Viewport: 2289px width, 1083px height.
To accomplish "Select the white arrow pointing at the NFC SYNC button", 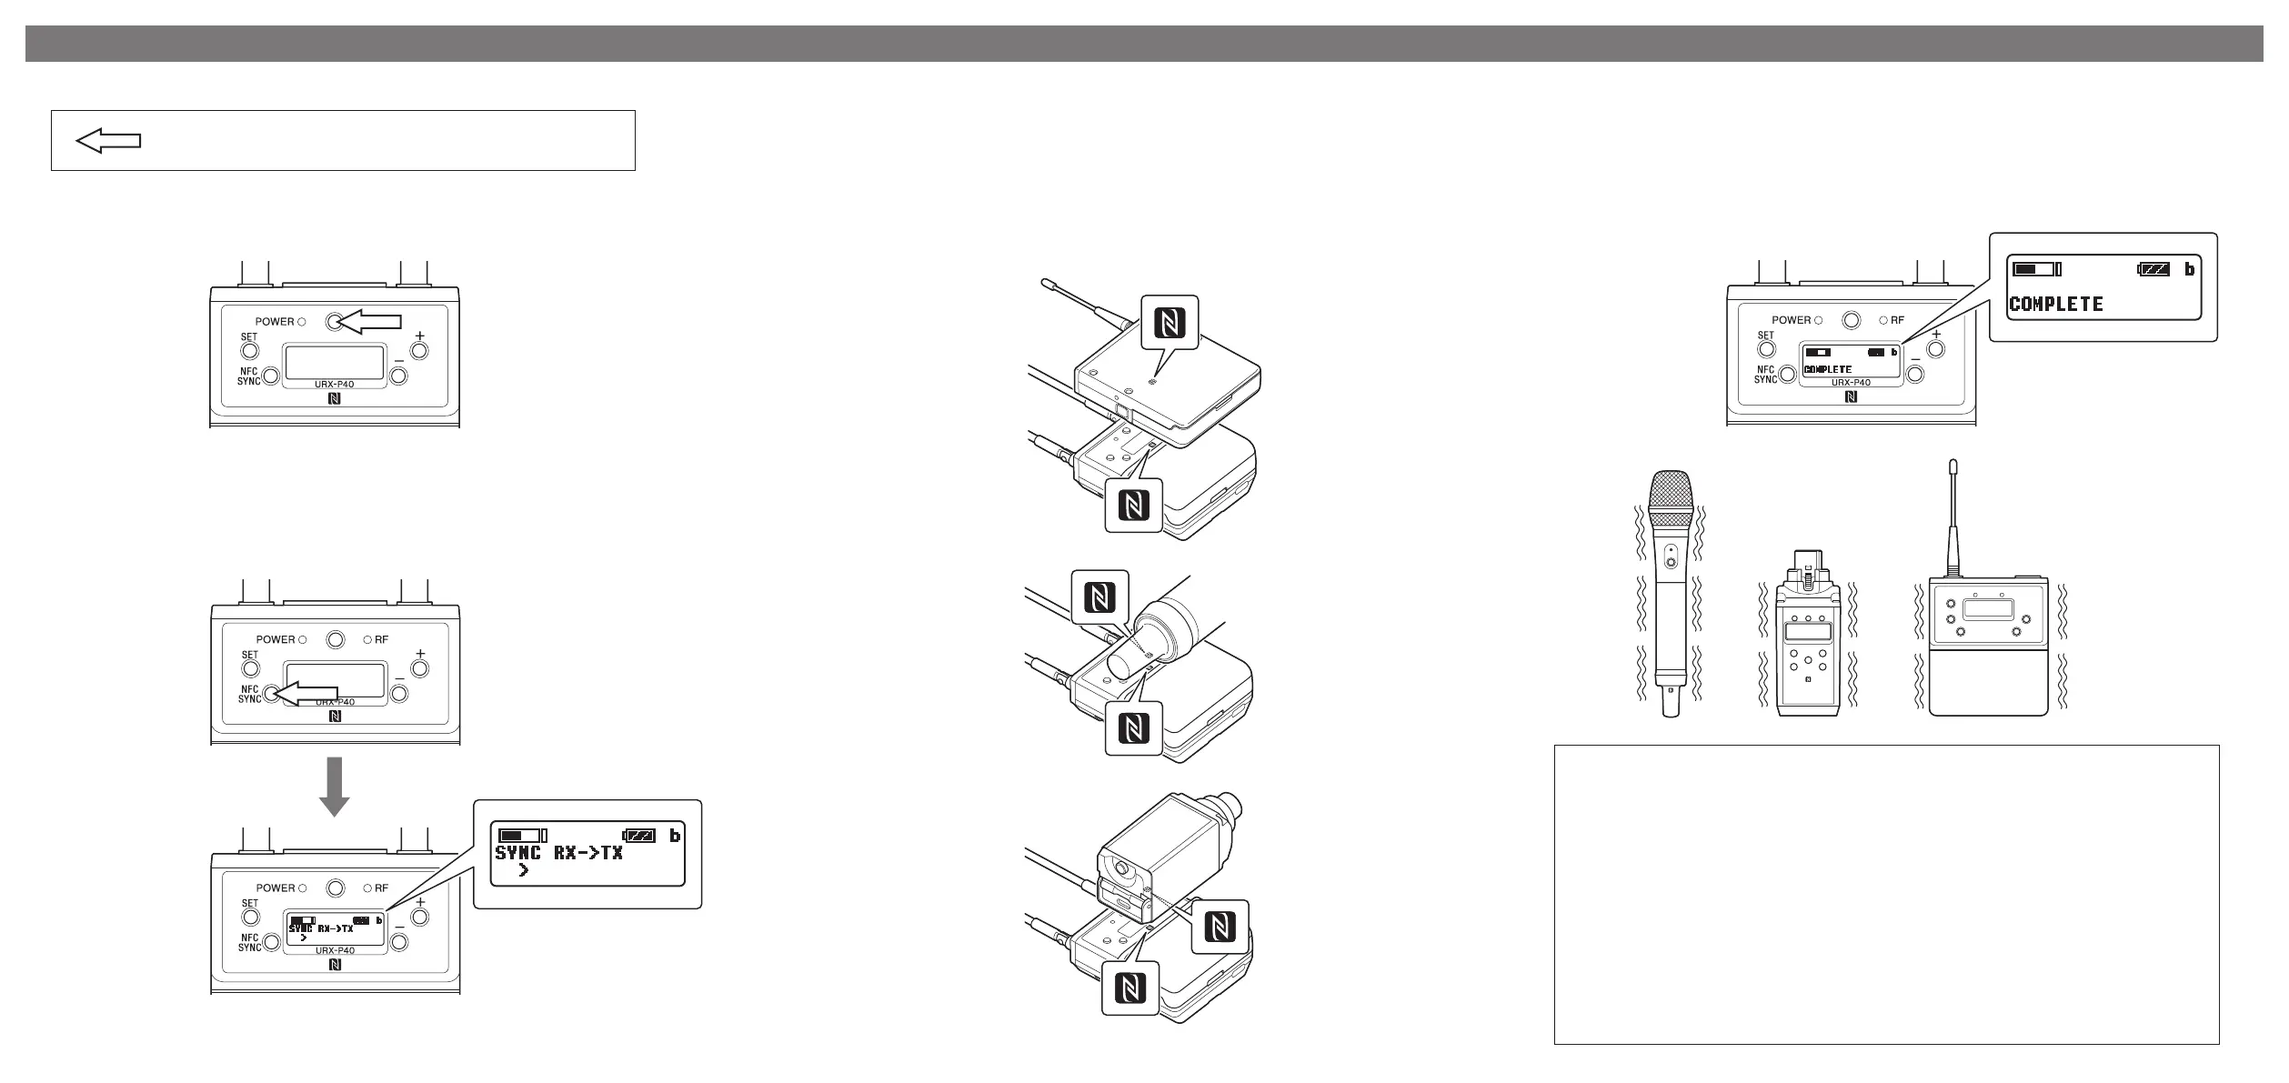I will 309,695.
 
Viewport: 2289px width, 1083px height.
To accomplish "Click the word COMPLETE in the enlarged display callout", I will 2055,304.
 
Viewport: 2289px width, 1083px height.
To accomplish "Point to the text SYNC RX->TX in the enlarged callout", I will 558,853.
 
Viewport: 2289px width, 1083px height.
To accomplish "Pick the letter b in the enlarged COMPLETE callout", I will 2189,270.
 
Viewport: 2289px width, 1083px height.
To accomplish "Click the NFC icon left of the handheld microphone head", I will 1100,597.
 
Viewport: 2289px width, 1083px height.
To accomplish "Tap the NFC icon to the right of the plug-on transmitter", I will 1219,927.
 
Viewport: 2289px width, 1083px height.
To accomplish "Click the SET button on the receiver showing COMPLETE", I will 1765,350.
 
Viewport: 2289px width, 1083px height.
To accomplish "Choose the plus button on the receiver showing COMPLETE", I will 1935,350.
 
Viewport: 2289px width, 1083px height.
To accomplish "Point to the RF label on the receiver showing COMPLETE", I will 1898,320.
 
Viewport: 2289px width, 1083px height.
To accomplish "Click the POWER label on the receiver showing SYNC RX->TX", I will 275,888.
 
